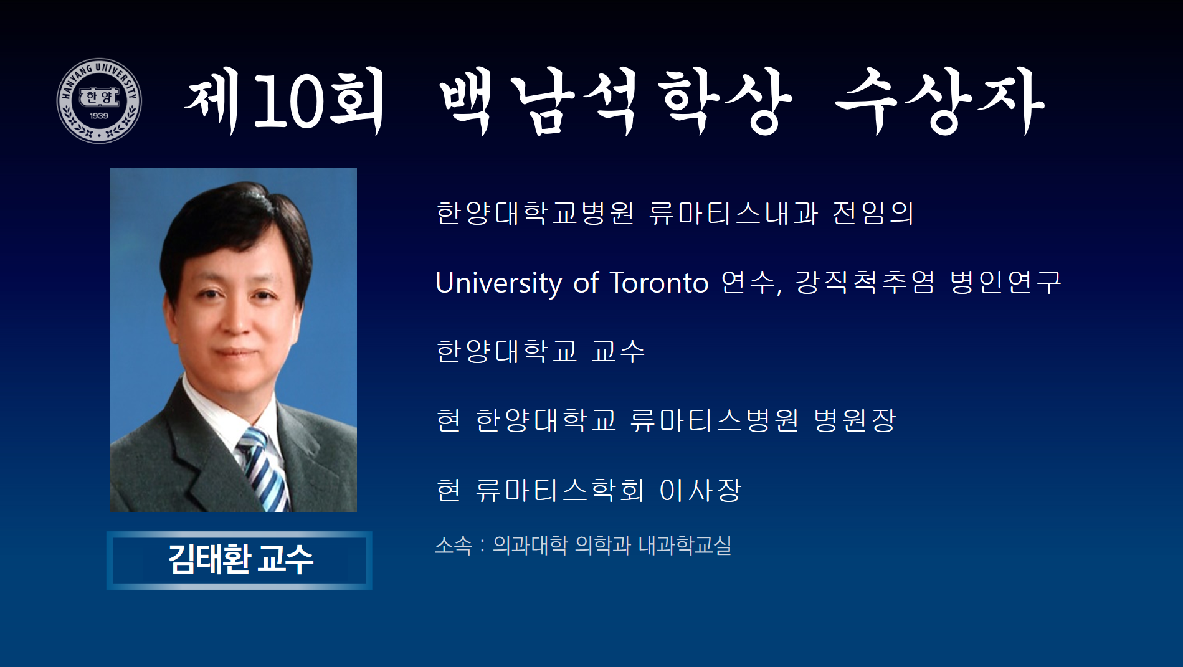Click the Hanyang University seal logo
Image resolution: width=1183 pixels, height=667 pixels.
tap(99, 101)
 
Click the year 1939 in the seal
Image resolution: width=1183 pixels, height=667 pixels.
tap(99, 116)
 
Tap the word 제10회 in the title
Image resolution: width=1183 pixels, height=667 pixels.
tap(285, 101)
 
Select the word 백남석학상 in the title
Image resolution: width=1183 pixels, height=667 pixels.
tap(615, 101)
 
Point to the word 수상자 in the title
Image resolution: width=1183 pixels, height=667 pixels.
tap(940, 101)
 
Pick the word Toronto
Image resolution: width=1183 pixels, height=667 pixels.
tap(659, 283)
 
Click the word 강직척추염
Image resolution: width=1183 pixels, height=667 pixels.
tap(865, 282)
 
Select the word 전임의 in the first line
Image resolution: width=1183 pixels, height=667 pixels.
tap(873, 213)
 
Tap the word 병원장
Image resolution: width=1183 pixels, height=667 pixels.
tap(855, 420)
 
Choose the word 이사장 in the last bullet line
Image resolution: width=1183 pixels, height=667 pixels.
tap(700, 490)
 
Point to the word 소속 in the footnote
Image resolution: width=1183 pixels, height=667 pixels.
tap(454, 546)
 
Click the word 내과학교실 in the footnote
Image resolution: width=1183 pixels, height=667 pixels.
tap(685, 546)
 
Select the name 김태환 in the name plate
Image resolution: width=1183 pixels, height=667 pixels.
tap(209, 559)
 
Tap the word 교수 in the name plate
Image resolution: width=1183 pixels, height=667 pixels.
tap(286, 559)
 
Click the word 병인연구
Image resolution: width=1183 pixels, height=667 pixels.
tap(1005, 282)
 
